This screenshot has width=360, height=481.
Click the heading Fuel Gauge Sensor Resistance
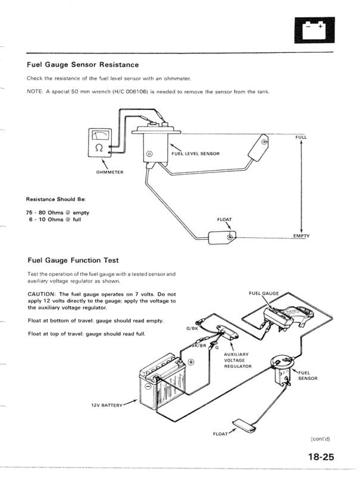pyautogui.click(x=83, y=64)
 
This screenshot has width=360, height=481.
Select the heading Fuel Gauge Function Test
pyautogui.click(x=73, y=260)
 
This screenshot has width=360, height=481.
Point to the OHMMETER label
pyautogui.click(x=109, y=172)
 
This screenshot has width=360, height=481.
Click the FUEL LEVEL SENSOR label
pyautogui.click(x=195, y=153)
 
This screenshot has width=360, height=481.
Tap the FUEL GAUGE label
pyautogui.click(x=262, y=294)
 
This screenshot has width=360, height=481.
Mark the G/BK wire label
pyautogui.click(x=192, y=328)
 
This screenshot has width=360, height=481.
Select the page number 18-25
pyautogui.click(x=322, y=457)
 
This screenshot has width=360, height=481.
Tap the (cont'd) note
pyautogui.click(x=320, y=439)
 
